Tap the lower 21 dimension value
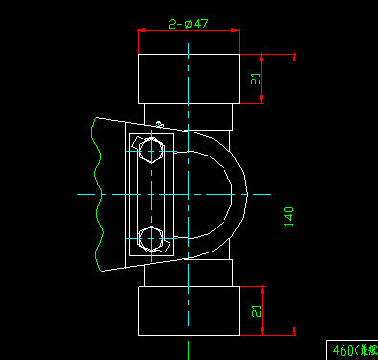click(255, 310)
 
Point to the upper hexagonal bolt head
click(152, 151)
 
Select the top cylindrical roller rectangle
click(189, 78)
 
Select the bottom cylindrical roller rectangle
click(189, 310)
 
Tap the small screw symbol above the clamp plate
click(160, 122)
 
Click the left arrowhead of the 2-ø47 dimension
click(144, 32)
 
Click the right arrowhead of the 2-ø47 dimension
click(234, 32)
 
